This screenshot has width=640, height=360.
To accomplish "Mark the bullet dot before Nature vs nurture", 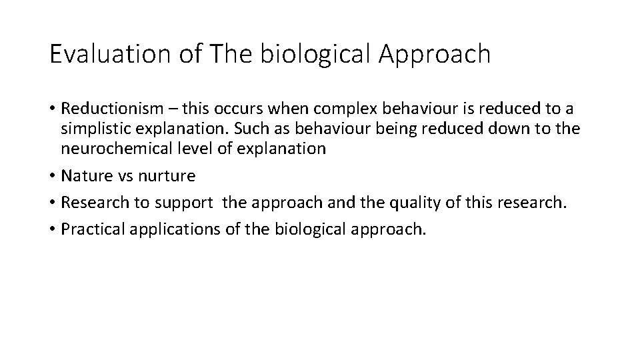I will (52, 176).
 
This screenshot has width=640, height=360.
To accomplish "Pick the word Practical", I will (89, 229).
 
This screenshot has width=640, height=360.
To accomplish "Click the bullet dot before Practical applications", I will (52, 229).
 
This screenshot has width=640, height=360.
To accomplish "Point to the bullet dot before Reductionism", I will (52, 109).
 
